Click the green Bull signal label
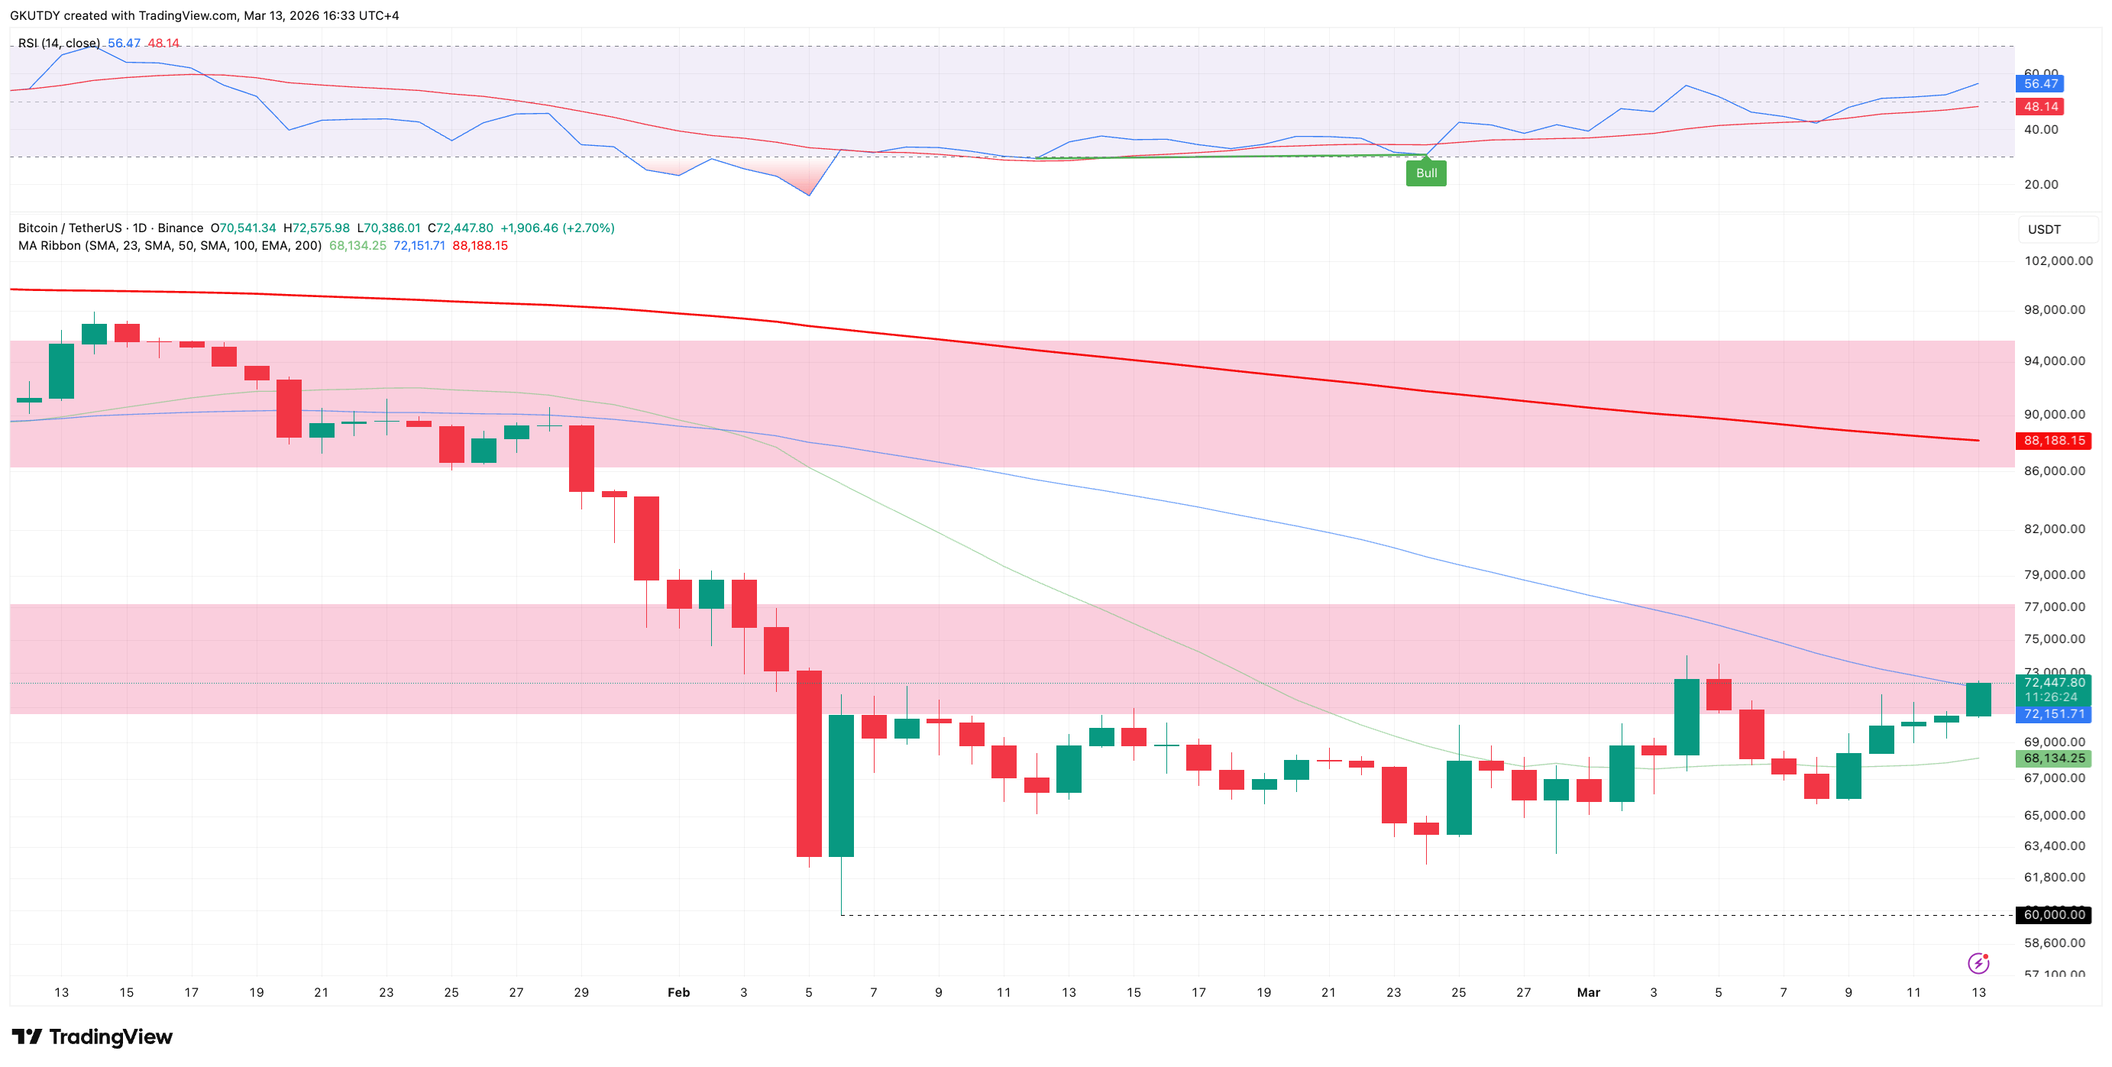click(1426, 173)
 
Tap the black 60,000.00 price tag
click(2054, 914)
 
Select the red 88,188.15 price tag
click(2054, 441)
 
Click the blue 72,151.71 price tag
click(2054, 714)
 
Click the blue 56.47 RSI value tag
click(2040, 83)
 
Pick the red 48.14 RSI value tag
click(2040, 106)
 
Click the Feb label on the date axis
click(678, 992)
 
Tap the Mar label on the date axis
click(1588, 992)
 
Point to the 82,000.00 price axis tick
click(2054, 529)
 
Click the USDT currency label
click(2044, 229)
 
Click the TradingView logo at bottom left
click(92, 1036)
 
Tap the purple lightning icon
click(1978, 963)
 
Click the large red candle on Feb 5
click(809, 764)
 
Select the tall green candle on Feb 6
click(841, 785)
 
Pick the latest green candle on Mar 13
click(1978, 699)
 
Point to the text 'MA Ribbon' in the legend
click(49, 246)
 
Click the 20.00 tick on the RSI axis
click(2041, 184)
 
